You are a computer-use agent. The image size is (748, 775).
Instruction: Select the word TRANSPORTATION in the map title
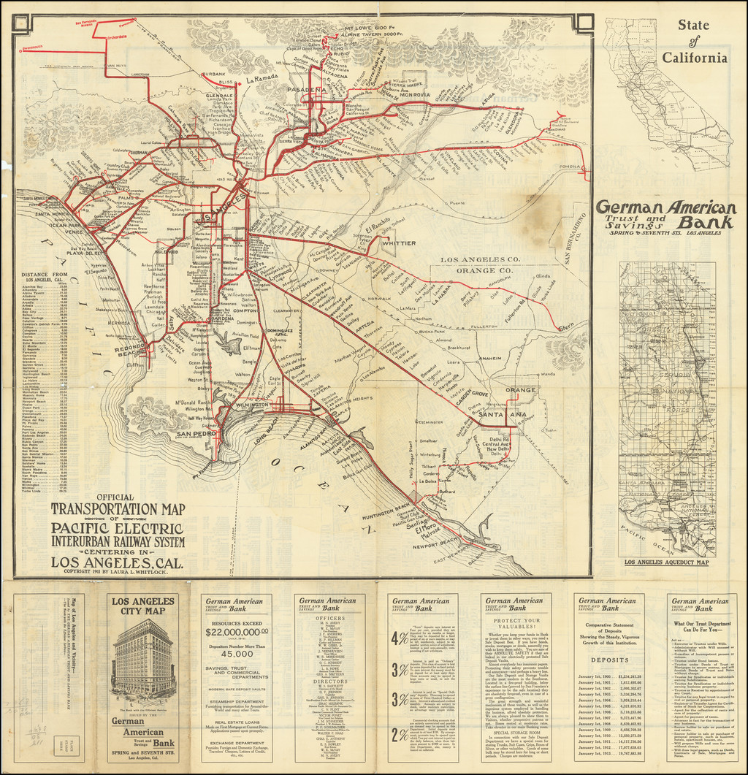118,509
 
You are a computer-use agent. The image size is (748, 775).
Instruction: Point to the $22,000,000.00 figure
236,633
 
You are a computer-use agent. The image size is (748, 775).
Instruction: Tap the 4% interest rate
400,638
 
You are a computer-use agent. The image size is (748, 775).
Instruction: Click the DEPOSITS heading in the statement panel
610,658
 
